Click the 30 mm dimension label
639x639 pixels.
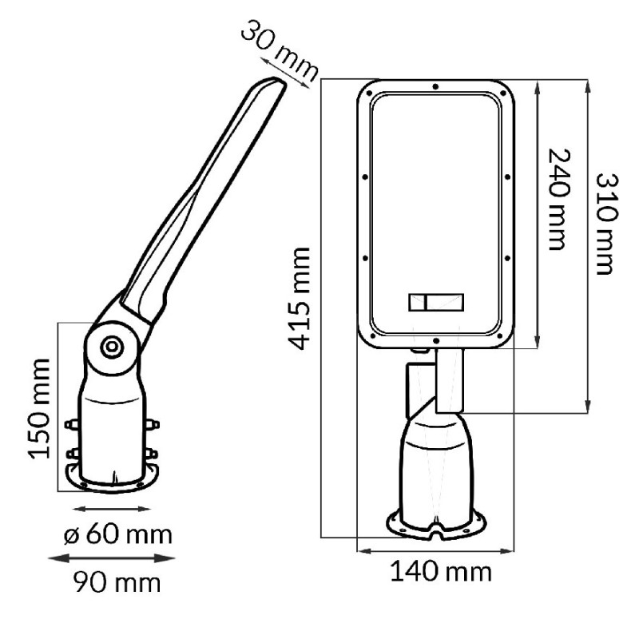pyautogui.click(x=278, y=54)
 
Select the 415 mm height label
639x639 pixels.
pyautogui.click(x=300, y=297)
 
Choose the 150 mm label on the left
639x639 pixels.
pyautogui.click(x=42, y=408)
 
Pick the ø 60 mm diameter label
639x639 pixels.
pyautogui.click(x=117, y=533)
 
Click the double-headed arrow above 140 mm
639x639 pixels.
pyautogui.click(x=435, y=550)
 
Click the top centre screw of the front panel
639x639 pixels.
pyautogui.click(x=435, y=85)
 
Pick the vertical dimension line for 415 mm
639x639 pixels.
pyautogui.click(x=321, y=308)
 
